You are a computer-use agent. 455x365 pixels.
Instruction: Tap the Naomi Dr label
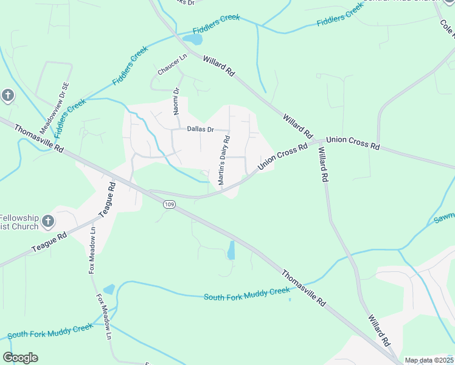point(176,100)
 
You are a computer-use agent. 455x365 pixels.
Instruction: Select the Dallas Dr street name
point(200,129)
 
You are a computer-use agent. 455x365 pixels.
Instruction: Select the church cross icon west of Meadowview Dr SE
point(7,96)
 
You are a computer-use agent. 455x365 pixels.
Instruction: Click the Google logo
point(20,358)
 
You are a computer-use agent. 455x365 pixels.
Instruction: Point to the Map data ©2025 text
point(429,360)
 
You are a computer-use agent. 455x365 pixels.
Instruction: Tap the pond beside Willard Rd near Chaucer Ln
point(193,40)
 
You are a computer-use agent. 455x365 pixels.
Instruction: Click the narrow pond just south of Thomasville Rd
point(231,250)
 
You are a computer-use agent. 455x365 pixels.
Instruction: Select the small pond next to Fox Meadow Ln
point(109,290)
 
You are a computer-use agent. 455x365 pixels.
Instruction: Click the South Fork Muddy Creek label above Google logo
point(50,331)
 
